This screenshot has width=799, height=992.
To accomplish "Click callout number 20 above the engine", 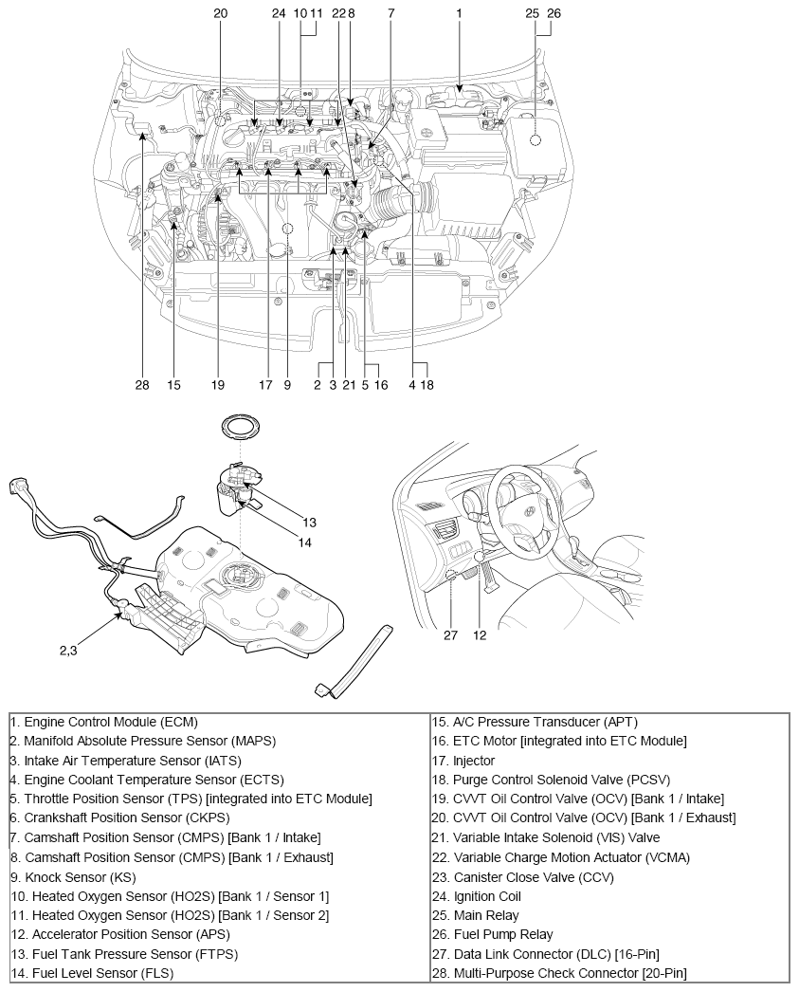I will coord(221,13).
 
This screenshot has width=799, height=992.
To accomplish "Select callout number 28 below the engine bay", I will coord(141,385).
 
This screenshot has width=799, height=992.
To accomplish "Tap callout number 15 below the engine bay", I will coord(173,385).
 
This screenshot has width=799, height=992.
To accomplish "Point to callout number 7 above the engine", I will coord(390,13).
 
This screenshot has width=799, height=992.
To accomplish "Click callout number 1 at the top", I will coord(459,13).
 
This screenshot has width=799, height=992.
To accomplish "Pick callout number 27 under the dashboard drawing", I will coord(450,635).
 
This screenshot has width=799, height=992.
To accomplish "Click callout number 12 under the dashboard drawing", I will coord(480,635).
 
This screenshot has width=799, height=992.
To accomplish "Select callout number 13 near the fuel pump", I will coord(309,522).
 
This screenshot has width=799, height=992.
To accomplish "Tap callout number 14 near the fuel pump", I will coord(304,542).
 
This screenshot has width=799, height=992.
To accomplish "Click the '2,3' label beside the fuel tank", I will coord(68,651).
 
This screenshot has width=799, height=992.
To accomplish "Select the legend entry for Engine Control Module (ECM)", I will coord(104,722).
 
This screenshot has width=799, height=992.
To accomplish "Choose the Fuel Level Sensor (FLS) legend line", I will coord(93,973).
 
